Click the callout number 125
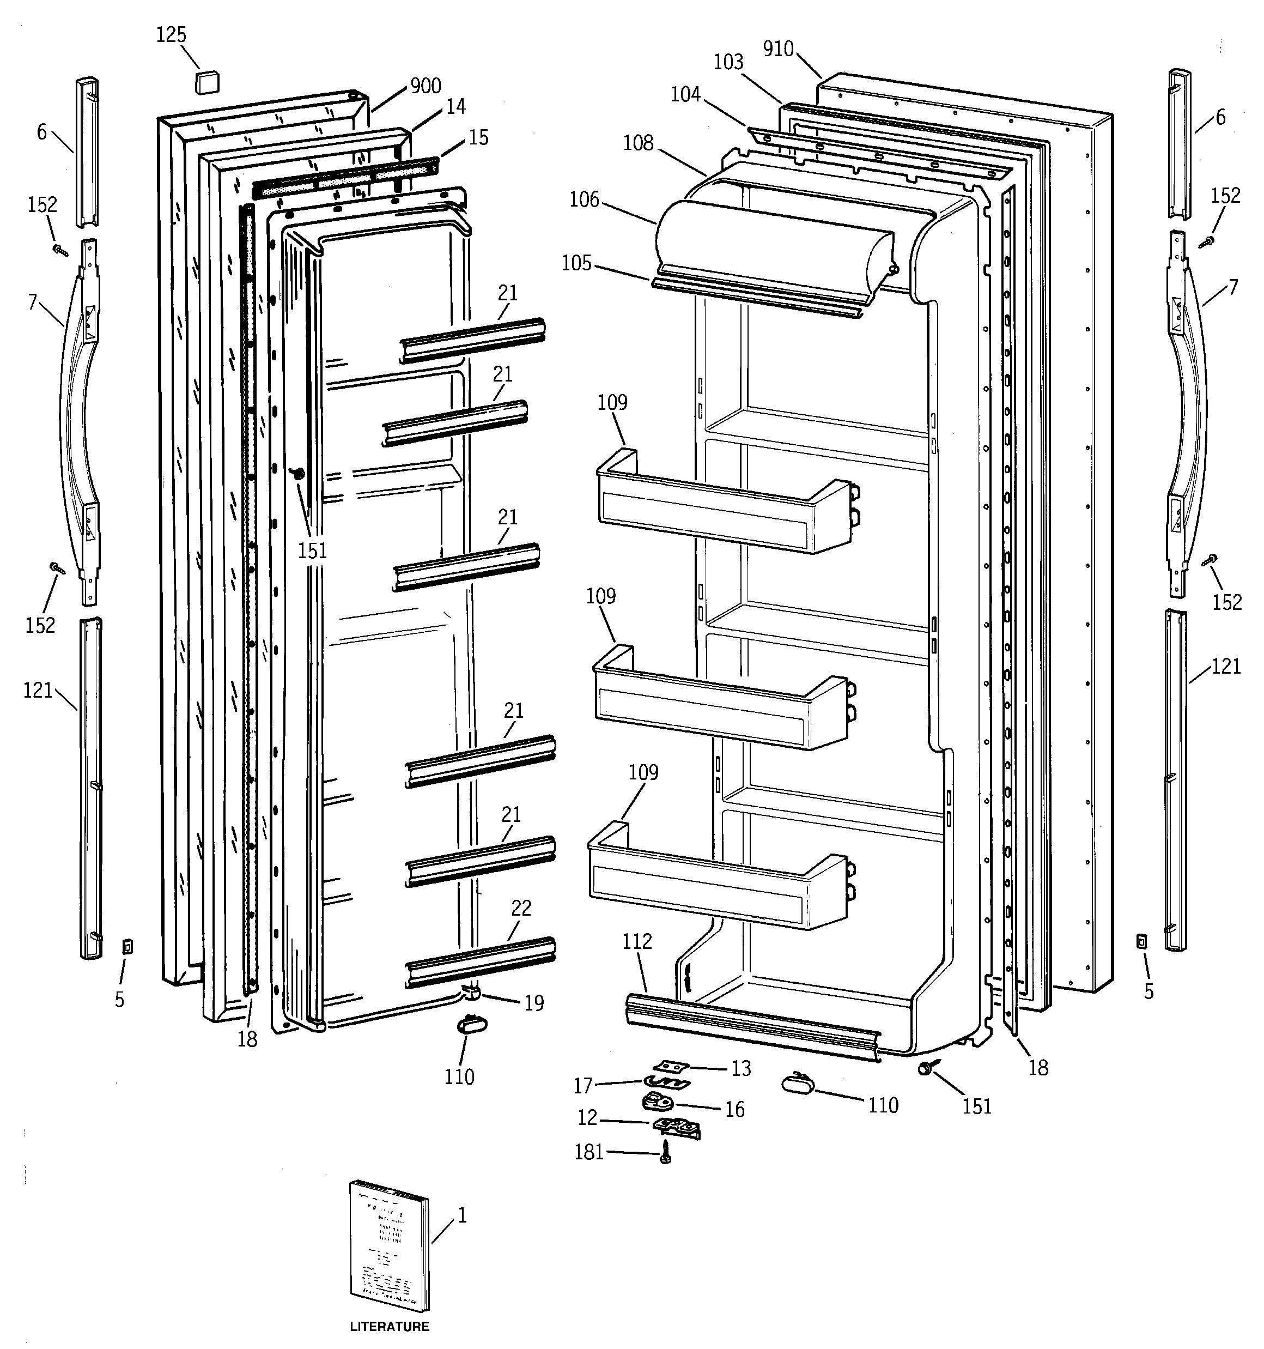(171, 34)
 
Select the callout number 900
(426, 86)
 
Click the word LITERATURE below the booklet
(390, 1326)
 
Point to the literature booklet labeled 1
(390, 1249)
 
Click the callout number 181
(589, 1152)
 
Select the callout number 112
(637, 941)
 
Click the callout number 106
(584, 199)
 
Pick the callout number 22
(521, 908)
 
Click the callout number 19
(534, 1003)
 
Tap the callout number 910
(777, 49)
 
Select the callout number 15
(478, 138)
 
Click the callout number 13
(741, 1069)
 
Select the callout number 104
(685, 94)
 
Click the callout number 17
(583, 1086)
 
